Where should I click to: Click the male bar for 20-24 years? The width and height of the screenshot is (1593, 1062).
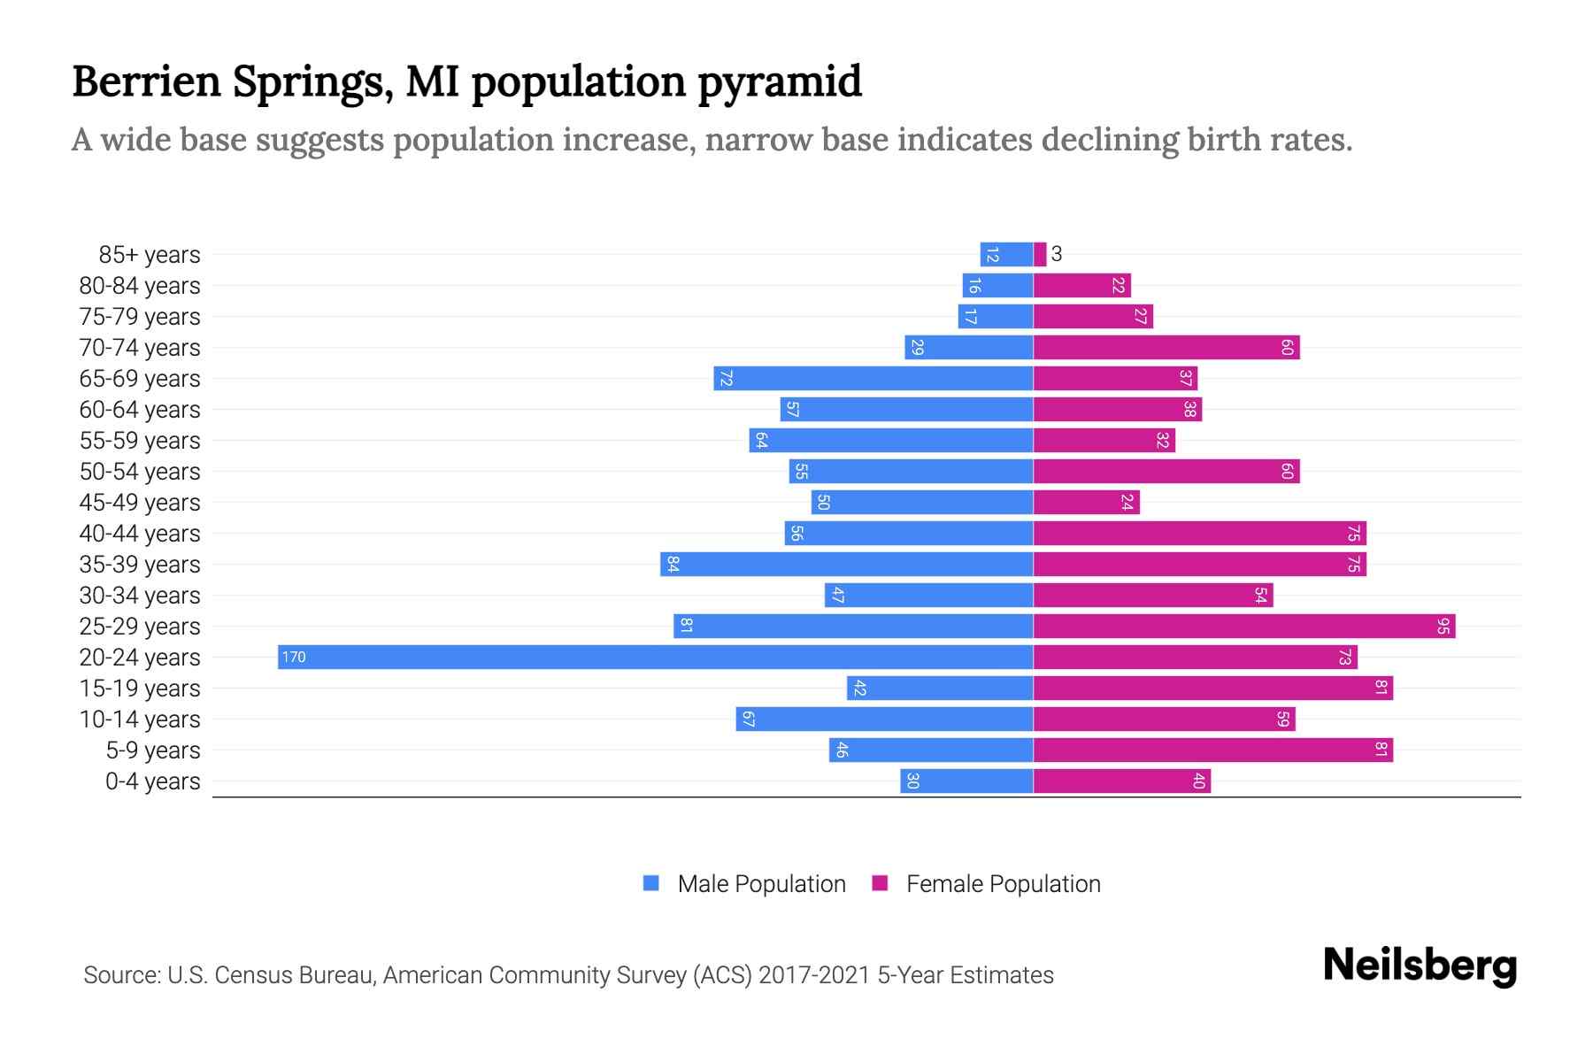click(x=655, y=657)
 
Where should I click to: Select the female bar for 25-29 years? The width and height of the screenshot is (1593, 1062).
click(x=1243, y=626)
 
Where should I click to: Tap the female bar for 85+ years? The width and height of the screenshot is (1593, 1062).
click(x=1040, y=254)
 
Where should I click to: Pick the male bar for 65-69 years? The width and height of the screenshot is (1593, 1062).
click(x=873, y=378)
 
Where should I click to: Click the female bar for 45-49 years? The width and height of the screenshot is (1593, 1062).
click(x=1086, y=502)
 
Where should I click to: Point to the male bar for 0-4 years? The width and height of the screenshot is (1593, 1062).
click(x=966, y=781)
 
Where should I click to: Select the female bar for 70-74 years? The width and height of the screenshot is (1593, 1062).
click(x=1166, y=347)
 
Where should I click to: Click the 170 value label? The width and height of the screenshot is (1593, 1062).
click(x=294, y=657)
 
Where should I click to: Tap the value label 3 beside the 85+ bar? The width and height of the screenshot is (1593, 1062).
click(x=1056, y=254)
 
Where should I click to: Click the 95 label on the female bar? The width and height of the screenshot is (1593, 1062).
click(x=1443, y=626)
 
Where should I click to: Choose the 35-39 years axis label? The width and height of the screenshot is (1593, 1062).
click(x=140, y=564)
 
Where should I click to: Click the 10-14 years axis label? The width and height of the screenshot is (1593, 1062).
click(x=140, y=719)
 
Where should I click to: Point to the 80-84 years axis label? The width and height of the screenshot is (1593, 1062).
click(x=140, y=285)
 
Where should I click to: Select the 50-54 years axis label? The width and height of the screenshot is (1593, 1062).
click(x=140, y=471)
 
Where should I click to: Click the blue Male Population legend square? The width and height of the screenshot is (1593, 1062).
click(x=651, y=883)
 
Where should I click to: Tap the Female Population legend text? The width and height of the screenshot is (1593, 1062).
click(x=1003, y=883)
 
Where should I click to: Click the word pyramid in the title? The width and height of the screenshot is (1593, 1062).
click(x=779, y=81)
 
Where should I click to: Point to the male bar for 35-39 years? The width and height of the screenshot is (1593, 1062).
click(x=846, y=564)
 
